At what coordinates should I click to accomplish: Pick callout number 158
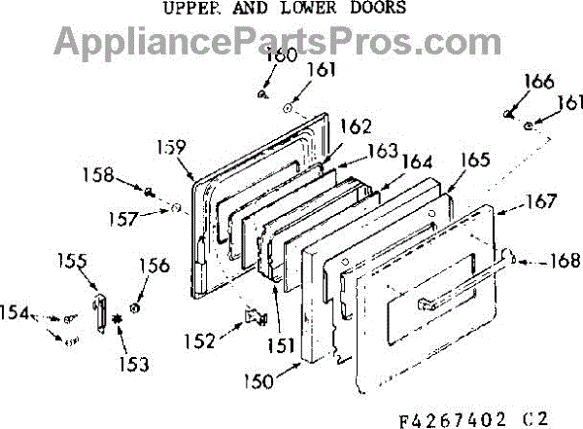(x=97, y=176)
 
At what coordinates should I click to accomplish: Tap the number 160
(x=282, y=54)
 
